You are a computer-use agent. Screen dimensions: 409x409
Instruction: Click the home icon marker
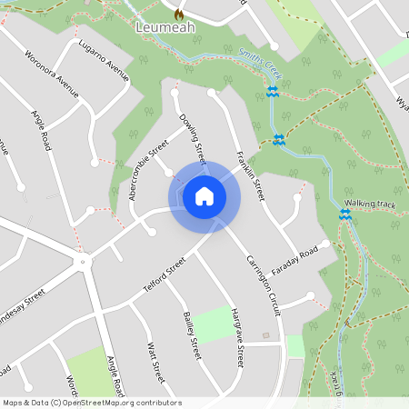click(x=204, y=196)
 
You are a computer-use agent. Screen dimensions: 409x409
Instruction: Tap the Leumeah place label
click(x=165, y=28)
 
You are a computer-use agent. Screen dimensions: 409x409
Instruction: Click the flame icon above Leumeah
click(x=178, y=14)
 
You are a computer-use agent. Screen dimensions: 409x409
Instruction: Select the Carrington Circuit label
click(x=263, y=285)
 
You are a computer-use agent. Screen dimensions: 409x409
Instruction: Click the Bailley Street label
click(x=192, y=334)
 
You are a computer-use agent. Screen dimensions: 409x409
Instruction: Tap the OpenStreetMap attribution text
click(x=92, y=402)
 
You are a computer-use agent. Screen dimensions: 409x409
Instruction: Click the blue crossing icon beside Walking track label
click(x=344, y=214)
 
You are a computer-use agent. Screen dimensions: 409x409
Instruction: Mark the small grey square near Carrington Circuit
click(x=265, y=334)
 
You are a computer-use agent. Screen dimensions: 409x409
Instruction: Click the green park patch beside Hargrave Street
click(x=214, y=324)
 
